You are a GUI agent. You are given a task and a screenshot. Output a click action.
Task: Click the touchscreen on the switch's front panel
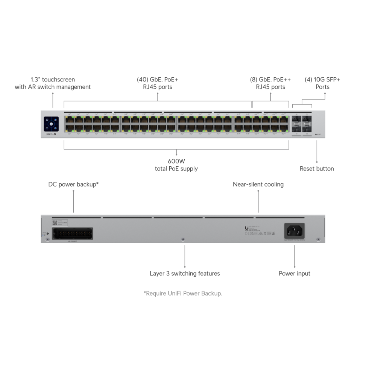51,124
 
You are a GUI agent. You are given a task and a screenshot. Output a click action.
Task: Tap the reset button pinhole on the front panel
316,134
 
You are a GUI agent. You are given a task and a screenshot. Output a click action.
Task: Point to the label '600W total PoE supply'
176,165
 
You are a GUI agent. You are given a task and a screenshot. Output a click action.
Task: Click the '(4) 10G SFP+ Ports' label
322,83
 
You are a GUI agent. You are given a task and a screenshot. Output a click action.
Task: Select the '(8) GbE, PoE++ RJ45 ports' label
270,83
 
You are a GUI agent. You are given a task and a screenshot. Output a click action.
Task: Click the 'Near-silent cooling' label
258,184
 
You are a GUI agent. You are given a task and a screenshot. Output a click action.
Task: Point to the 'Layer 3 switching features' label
185,273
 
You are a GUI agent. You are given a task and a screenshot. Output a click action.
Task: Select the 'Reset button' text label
316,169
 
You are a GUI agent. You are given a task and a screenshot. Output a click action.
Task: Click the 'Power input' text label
294,273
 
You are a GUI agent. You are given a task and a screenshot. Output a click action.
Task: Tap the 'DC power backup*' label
73,184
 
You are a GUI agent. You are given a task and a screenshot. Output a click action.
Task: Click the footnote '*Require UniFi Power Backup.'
183,293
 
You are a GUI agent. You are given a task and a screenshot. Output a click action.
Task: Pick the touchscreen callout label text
53,83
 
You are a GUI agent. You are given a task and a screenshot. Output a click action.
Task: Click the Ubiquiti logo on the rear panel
246,228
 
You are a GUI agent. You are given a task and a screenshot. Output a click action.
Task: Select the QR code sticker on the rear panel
54,223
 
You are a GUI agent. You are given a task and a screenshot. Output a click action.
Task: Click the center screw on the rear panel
183,239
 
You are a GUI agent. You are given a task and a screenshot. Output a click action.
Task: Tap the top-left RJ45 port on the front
69,120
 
